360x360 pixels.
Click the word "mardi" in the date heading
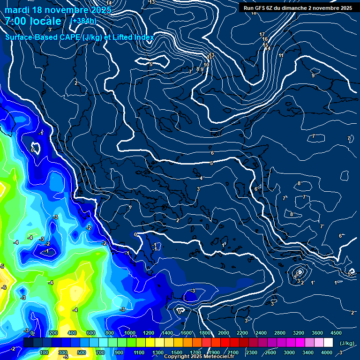(18, 10)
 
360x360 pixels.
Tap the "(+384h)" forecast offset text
(83, 21)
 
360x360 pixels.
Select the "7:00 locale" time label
(33, 21)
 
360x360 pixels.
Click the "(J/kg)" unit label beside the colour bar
(346, 343)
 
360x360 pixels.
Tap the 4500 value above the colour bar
(336, 333)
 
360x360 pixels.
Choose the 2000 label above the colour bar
(224, 333)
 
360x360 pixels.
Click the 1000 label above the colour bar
(129, 333)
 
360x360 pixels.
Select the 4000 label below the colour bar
(327, 352)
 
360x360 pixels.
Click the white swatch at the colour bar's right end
(328, 343)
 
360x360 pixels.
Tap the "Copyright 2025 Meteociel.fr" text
(199, 357)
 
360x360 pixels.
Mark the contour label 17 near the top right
(262, 34)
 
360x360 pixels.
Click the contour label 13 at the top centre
(151, 2)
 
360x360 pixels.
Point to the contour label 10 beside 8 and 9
(206, 65)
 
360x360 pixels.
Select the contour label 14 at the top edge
(109, 3)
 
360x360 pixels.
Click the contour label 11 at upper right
(281, 55)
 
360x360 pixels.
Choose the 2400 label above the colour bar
(261, 333)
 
